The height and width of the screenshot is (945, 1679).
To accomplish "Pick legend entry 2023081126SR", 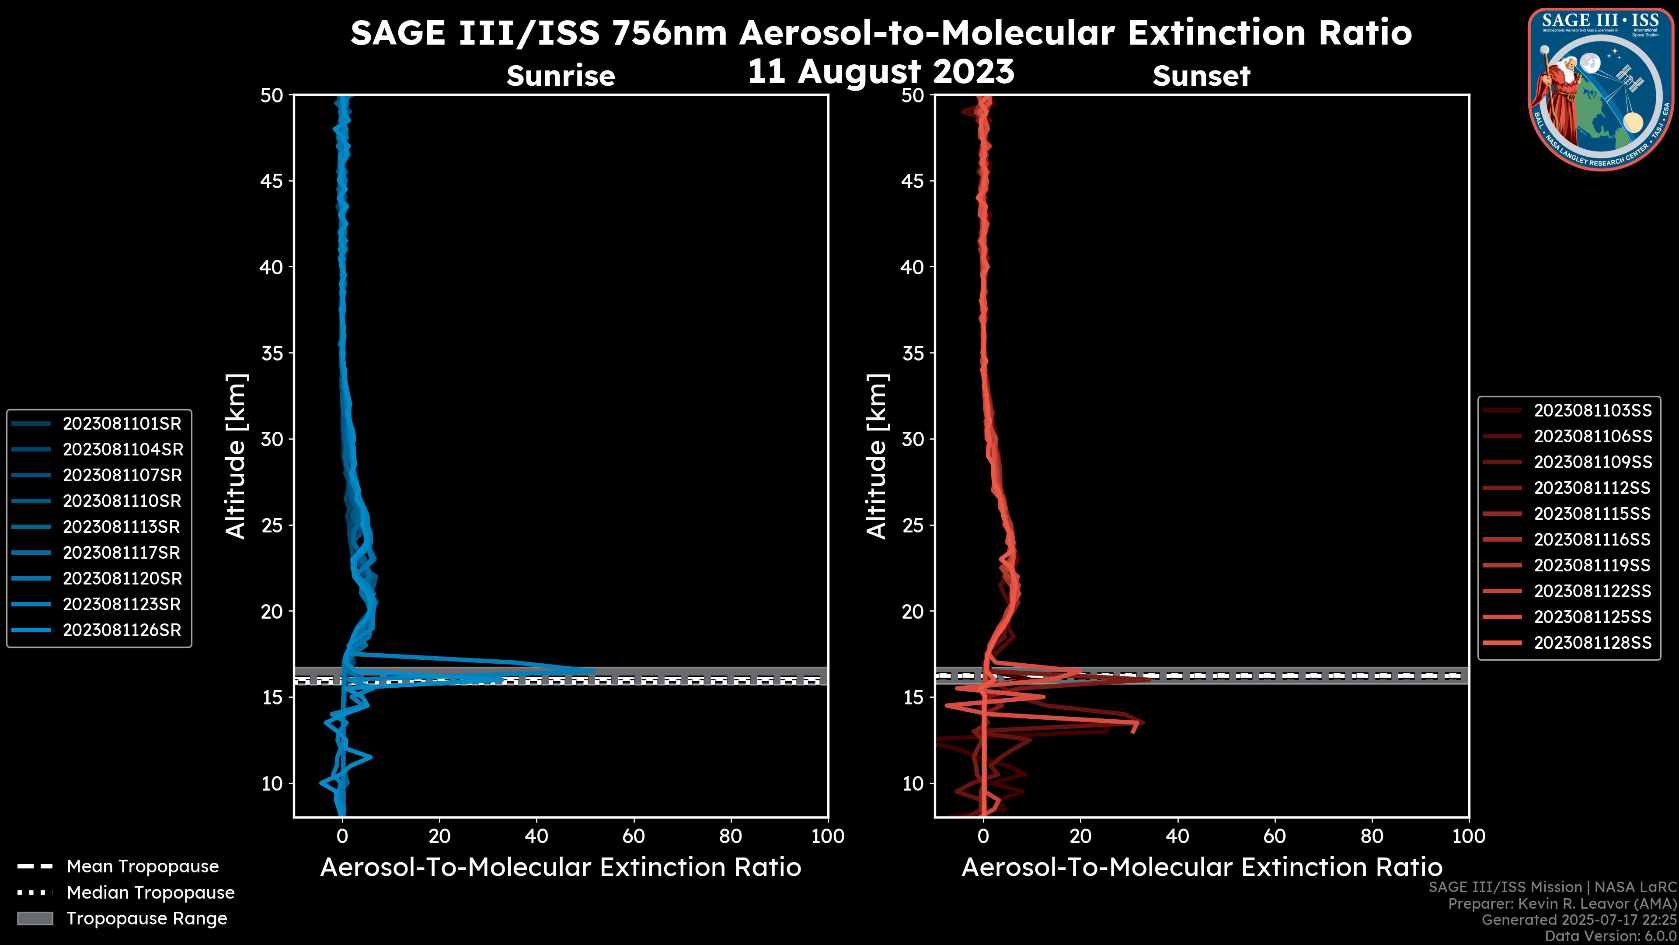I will pos(121,630).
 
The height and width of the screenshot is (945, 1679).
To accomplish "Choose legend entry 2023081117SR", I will pos(121,553).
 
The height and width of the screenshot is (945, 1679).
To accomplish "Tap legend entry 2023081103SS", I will pos(1592,411).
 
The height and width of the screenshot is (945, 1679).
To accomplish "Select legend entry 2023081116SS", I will pos(1592,540).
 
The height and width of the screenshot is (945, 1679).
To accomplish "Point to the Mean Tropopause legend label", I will pos(142,867).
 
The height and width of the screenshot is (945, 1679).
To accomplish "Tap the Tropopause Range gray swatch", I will pos(35,919).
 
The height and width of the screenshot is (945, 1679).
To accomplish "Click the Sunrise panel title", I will pos(561,76).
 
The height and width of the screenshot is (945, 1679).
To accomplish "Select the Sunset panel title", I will pos(1201,76).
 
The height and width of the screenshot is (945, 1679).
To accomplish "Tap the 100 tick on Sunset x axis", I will pos(1469,836).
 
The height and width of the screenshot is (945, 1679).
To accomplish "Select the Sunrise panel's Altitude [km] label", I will pos(235,456).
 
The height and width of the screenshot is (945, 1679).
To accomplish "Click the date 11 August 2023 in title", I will pos(881,72).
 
